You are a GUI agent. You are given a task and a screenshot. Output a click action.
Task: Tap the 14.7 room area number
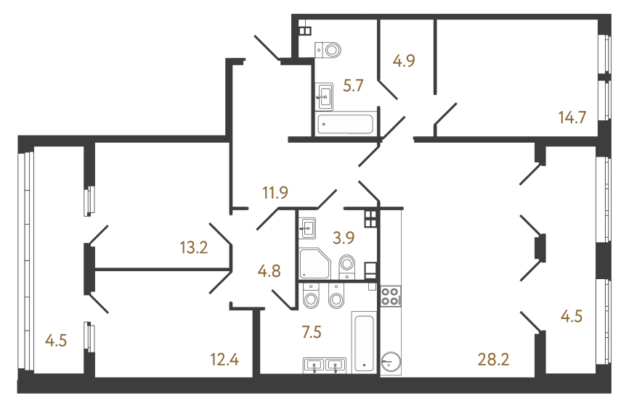(572, 117)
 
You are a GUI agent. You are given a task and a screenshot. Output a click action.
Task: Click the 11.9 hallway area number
(276, 193)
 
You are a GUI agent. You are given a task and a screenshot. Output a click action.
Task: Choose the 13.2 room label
(194, 248)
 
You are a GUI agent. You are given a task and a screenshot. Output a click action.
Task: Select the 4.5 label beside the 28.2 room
(572, 317)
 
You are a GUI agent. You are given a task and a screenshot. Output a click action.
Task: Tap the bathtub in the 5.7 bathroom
(346, 124)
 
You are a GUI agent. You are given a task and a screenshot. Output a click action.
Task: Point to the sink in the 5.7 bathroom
(324, 94)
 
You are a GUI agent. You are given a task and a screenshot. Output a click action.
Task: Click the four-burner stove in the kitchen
(390, 296)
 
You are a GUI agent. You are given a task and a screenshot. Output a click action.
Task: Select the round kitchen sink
(391, 361)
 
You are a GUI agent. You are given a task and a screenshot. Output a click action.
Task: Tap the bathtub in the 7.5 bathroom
(364, 342)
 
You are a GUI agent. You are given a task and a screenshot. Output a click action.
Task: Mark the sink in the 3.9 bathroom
(308, 229)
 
